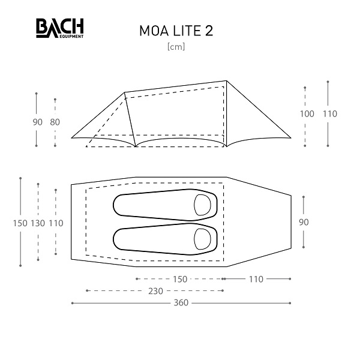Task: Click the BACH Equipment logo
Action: point(59,28)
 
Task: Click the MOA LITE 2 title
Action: point(176,31)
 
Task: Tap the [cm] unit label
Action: point(176,47)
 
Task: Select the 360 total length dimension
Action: point(181,303)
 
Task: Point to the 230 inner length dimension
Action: point(155,291)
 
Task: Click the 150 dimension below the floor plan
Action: point(180,279)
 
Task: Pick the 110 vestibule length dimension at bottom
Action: point(256,279)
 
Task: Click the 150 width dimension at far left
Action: point(20,223)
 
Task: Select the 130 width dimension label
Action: point(38,223)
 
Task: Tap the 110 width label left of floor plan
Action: point(56,223)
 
